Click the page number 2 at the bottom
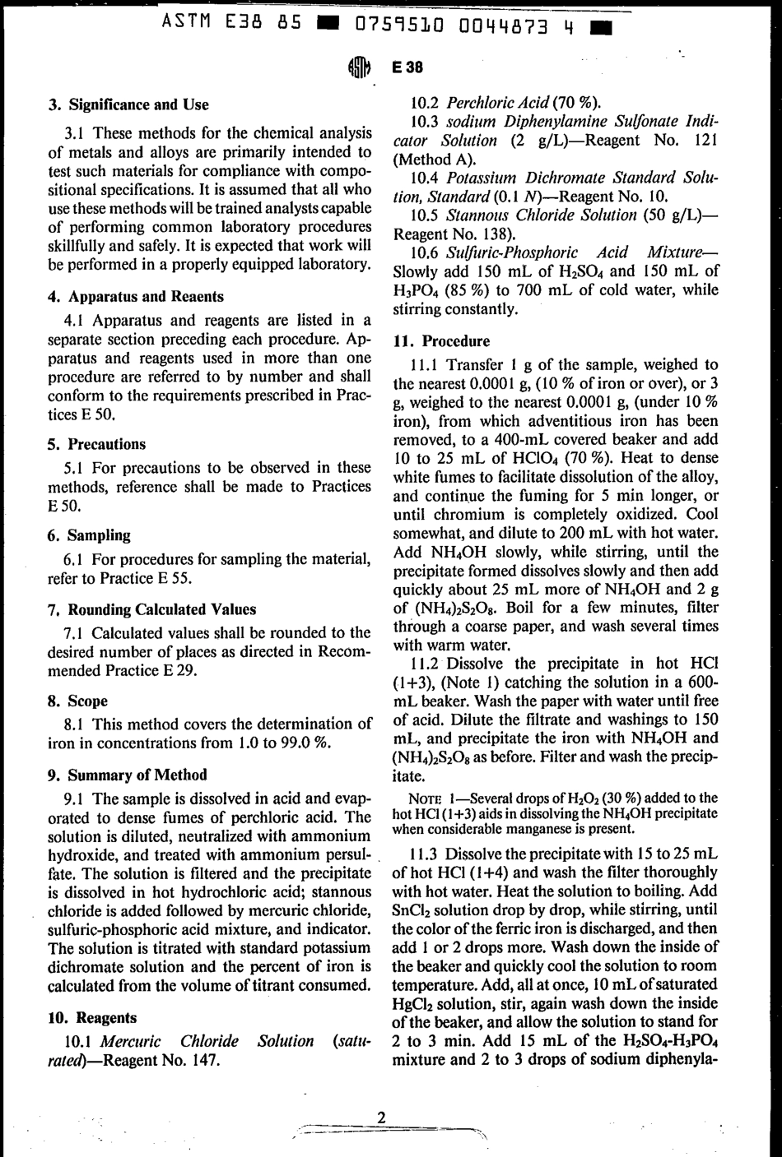[x=381, y=1117]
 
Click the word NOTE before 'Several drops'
[x=426, y=798]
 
